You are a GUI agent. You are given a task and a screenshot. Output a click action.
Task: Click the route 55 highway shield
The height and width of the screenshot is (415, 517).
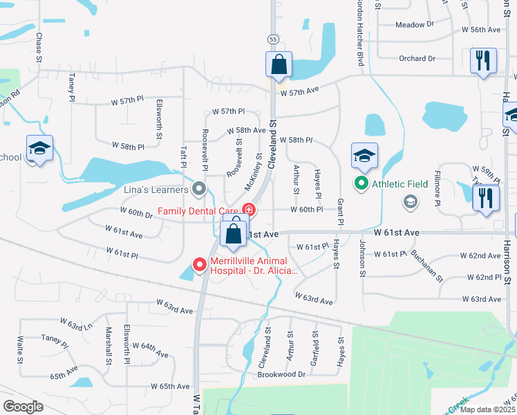(x=274, y=41)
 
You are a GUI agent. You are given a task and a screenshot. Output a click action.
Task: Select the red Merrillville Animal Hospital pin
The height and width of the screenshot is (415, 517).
(x=199, y=264)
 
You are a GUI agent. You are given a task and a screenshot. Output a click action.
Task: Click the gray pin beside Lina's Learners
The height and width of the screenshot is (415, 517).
(x=200, y=188)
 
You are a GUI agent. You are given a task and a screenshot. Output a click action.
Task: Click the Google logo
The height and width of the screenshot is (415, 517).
(x=22, y=407)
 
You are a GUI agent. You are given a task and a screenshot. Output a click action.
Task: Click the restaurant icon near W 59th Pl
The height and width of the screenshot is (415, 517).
(x=486, y=197)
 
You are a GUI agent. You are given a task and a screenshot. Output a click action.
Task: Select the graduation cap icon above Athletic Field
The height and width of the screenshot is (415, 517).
(x=364, y=156)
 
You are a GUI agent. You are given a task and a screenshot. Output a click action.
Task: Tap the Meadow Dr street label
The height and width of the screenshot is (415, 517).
(x=414, y=24)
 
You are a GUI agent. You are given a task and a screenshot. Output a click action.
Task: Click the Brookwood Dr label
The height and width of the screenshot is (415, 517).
(x=281, y=374)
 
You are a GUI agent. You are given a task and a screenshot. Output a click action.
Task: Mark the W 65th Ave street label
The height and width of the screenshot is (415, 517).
(x=170, y=386)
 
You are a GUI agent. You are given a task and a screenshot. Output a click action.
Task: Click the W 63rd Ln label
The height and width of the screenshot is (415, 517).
(x=76, y=324)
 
